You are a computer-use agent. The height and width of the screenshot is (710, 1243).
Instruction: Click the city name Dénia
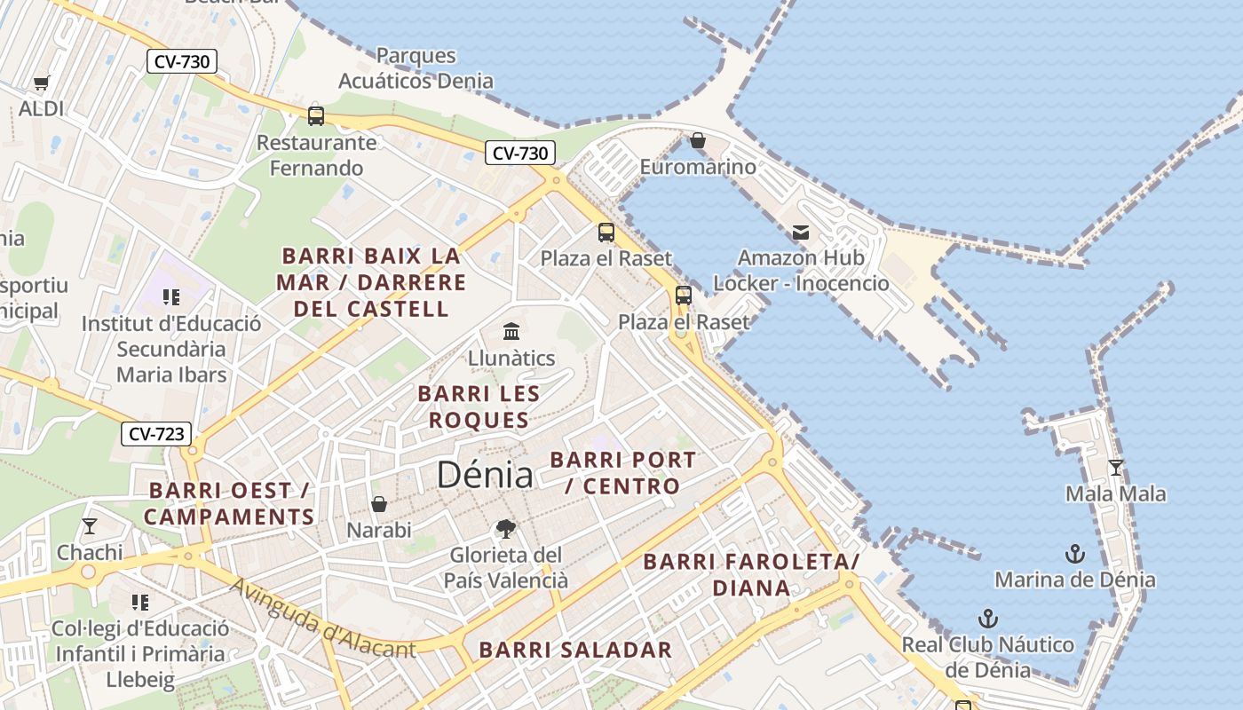tap(485, 475)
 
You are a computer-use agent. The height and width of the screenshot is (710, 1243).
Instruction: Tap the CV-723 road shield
tap(156, 434)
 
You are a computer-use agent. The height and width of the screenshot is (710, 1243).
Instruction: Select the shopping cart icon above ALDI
tap(41, 83)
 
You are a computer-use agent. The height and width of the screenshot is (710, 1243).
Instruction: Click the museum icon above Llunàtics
tap(511, 332)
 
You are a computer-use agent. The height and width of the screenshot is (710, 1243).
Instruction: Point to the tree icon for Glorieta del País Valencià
tap(505, 529)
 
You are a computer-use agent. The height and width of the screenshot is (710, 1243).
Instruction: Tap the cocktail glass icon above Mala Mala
tap(1116, 467)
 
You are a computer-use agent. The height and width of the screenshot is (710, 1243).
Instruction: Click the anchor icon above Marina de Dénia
tap(1075, 554)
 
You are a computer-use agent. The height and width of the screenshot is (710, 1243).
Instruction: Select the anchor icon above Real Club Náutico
tap(987, 619)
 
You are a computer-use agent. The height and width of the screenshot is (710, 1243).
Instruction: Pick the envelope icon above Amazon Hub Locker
tap(801, 233)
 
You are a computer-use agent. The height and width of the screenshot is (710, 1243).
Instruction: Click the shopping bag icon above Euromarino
tap(698, 140)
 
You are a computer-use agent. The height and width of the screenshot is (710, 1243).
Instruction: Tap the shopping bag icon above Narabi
tap(379, 504)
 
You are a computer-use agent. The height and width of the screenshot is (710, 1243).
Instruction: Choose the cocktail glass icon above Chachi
tap(90, 526)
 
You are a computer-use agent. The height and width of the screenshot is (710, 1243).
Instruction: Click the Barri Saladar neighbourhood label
tap(575, 650)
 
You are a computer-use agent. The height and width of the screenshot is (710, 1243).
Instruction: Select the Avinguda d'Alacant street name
tap(322, 619)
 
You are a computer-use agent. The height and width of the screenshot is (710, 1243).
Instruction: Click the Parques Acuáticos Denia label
tap(416, 68)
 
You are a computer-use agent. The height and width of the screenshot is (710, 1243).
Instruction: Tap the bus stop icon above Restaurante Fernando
tap(316, 115)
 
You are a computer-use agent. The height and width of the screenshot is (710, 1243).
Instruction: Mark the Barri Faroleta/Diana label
tap(751, 574)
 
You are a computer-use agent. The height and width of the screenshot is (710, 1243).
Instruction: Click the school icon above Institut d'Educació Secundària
tap(170, 297)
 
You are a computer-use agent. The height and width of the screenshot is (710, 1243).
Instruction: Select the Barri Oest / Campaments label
tap(229, 503)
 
